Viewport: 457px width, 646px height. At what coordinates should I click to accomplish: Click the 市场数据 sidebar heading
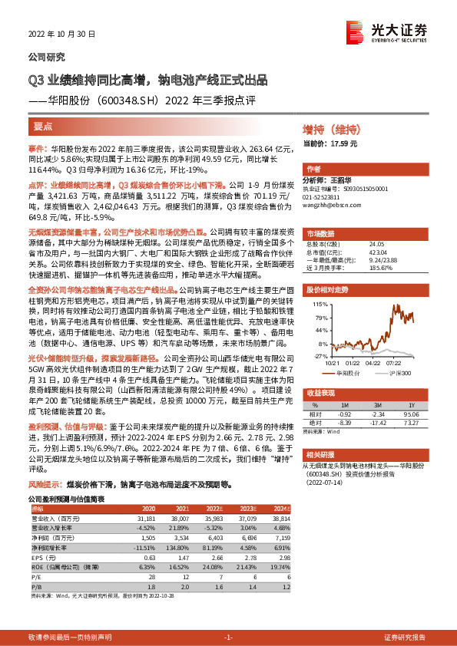tap(322, 232)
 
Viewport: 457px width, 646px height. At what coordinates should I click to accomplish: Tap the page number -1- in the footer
tap(227, 638)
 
